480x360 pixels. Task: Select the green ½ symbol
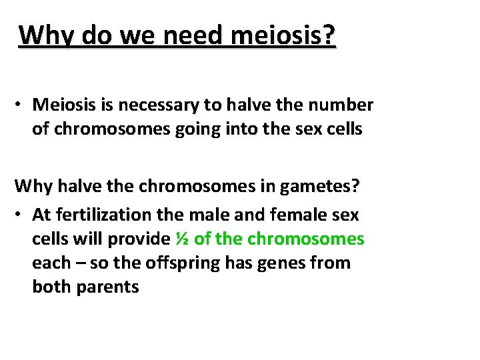[181, 239]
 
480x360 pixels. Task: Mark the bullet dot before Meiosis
[21, 106]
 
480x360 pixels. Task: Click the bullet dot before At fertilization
[21, 215]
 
